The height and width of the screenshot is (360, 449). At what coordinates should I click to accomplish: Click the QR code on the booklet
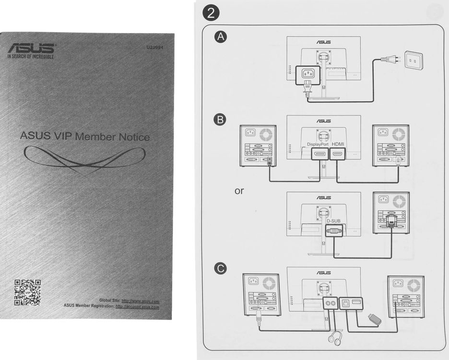point(27,292)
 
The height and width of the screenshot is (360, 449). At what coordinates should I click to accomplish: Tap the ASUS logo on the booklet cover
point(31,49)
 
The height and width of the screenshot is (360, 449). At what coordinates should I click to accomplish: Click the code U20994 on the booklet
point(155,48)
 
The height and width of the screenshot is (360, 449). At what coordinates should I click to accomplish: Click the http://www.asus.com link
point(140,301)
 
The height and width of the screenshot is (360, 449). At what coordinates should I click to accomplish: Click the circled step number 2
point(212,13)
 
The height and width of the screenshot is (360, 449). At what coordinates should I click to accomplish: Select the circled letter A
point(221,37)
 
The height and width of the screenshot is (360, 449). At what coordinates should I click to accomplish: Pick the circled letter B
point(221,119)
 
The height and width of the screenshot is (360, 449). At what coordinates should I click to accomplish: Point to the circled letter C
point(221,269)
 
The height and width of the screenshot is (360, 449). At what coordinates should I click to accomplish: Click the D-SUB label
point(334,221)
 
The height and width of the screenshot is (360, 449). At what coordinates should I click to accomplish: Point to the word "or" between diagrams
point(239,191)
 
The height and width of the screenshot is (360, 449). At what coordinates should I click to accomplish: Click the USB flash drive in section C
point(374,319)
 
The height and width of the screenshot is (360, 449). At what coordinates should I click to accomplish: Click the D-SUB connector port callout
point(334,231)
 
